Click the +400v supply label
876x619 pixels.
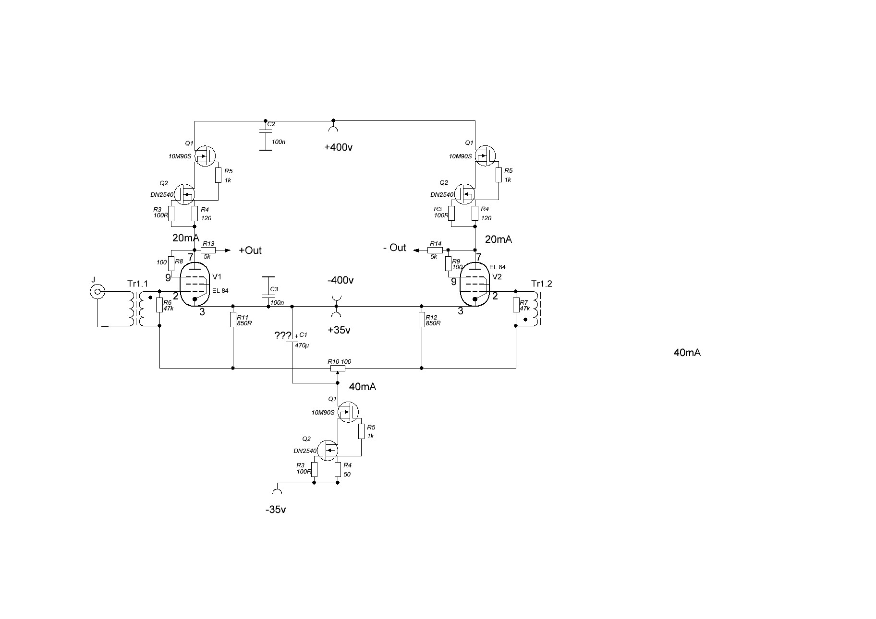click(x=339, y=147)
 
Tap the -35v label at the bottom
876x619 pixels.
click(x=276, y=510)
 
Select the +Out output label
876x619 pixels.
click(x=250, y=250)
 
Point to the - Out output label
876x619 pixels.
click(x=395, y=248)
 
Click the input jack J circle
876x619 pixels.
click(x=97, y=291)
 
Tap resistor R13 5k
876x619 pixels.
click(x=208, y=250)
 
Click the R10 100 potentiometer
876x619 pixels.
click(x=338, y=368)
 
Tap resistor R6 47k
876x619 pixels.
click(x=159, y=306)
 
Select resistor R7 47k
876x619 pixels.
click(x=516, y=305)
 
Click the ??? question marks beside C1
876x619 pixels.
click(x=283, y=336)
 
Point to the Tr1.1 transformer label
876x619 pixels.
click(x=138, y=284)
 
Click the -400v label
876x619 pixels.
click(x=341, y=280)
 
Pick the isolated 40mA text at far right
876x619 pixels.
click(x=687, y=353)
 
